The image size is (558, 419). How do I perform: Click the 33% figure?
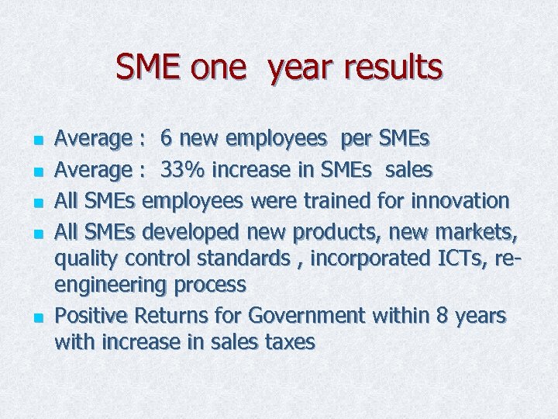click(186, 169)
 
